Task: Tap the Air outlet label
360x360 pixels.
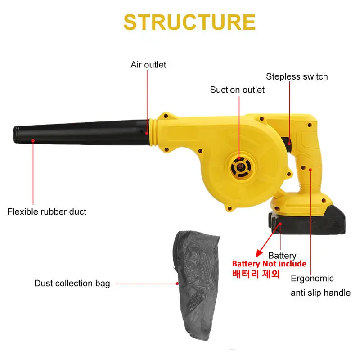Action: (148, 65)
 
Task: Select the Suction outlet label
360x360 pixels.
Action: (237, 90)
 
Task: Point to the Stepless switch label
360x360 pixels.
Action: (297, 76)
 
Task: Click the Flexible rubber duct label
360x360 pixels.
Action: (47, 211)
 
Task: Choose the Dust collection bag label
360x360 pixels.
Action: (72, 283)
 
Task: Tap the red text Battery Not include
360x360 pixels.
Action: (269, 264)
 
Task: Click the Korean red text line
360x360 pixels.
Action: (256, 274)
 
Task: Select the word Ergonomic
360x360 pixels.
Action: (312, 278)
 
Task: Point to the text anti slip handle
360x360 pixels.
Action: (320, 293)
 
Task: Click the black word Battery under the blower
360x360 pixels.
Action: (282, 256)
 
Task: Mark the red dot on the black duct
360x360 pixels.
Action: (33, 140)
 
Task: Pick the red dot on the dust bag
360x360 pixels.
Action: (177, 283)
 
